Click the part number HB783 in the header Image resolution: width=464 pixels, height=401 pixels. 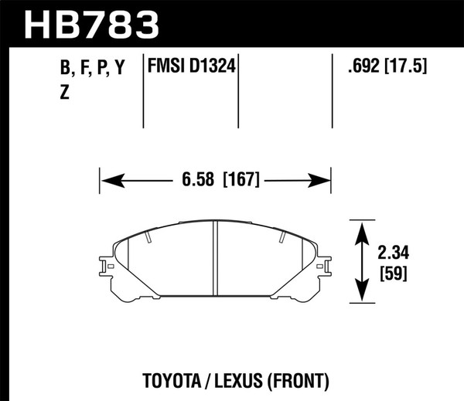pyautogui.click(x=91, y=23)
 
